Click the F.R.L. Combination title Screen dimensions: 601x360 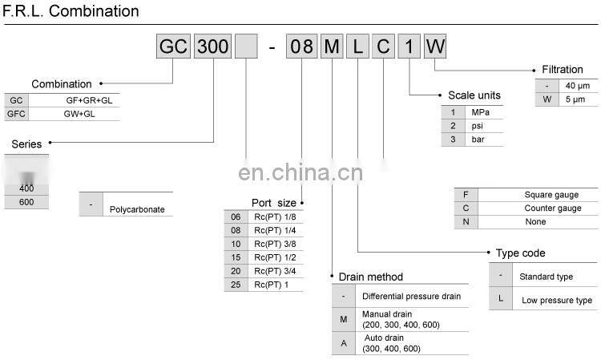pyautogui.click(x=71, y=11)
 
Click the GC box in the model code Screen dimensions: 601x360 pyautogui.click(x=173, y=46)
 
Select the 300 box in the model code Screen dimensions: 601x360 pyautogui.click(x=212, y=46)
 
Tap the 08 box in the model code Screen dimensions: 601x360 pyautogui.click(x=301, y=46)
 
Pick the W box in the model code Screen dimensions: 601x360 pyautogui.click(x=434, y=46)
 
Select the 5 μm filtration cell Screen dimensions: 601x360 pyautogui.click(x=576, y=99)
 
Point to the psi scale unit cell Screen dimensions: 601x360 pyautogui.click(x=478, y=126)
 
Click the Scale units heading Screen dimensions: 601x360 pyautogui.click(x=474, y=95)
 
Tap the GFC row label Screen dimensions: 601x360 pyautogui.click(x=16, y=114)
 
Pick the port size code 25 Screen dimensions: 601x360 pyautogui.click(x=236, y=285)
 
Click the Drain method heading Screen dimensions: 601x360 pyautogui.click(x=370, y=277)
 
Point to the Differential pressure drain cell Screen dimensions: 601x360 pyautogui.click(x=411, y=296)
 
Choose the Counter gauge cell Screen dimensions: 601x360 pyautogui.click(x=552, y=208)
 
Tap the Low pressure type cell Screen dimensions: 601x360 pyautogui.click(x=557, y=300)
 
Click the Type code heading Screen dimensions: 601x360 pyautogui.click(x=521, y=253)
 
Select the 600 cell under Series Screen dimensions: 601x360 pyautogui.click(x=26, y=201)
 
